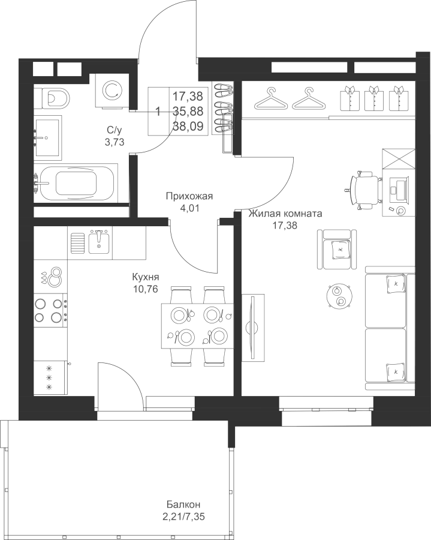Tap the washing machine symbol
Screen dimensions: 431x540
pos(113,91)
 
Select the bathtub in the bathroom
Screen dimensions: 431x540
pos(76,184)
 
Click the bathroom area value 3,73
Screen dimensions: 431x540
pos(114,142)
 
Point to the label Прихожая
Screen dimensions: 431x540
pos(189,196)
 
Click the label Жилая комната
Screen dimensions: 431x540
pos(285,214)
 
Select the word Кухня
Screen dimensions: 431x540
pos(146,277)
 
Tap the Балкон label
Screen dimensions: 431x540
pos(183,505)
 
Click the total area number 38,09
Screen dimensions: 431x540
pos(188,126)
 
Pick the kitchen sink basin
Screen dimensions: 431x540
pos(99,241)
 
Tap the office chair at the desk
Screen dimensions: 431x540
pos(366,190)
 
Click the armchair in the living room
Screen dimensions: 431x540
pos(337,249)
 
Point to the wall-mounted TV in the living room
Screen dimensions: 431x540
pos(253,328)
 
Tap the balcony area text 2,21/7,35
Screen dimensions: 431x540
pos(185,517)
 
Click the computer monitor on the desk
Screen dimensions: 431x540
pos(399,188)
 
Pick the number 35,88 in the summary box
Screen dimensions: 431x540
pos(188,111)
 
